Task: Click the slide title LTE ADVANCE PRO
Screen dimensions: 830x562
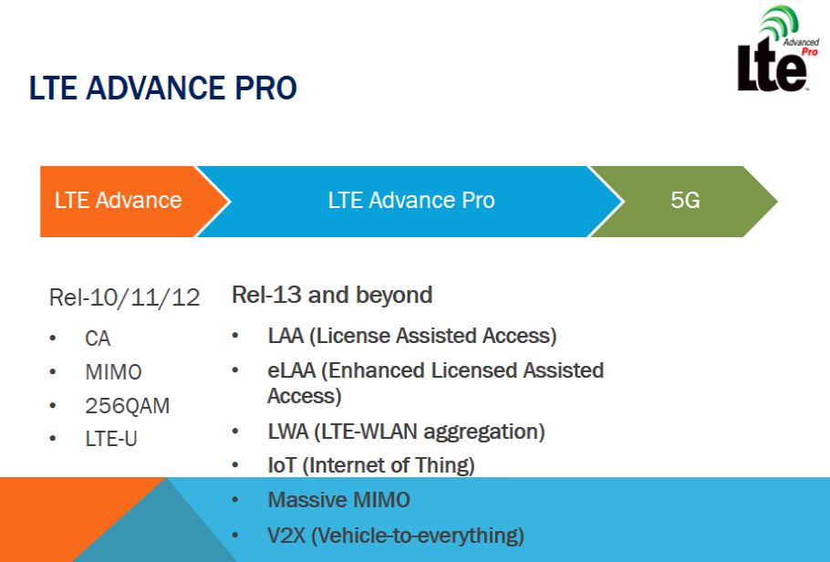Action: (162, 88)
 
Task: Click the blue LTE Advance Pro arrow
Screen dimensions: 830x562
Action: (410, 202)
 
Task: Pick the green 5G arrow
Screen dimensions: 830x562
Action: (684, 202)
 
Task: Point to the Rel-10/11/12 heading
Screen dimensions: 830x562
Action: (124, 297)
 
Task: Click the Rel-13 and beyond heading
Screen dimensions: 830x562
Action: (332, 295)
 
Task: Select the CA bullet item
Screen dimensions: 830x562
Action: (98, 338)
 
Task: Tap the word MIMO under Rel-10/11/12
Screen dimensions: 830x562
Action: (113, 372)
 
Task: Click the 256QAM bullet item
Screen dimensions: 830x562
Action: (128, 406)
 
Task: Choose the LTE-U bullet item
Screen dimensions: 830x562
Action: (111, 439)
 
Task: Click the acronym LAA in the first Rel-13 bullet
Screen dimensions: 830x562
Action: (285, 336)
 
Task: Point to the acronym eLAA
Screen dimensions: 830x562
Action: (292, 370)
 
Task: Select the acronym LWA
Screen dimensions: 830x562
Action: (288, 432)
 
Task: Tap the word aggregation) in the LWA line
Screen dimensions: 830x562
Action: (484, 432)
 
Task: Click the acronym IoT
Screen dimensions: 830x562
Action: (282, 465)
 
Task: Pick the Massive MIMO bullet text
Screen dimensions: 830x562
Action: (338, 500)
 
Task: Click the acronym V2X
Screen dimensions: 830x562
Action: (286, 536)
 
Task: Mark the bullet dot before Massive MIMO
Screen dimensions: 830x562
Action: (235, 500)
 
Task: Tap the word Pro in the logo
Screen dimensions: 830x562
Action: (809, 52)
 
